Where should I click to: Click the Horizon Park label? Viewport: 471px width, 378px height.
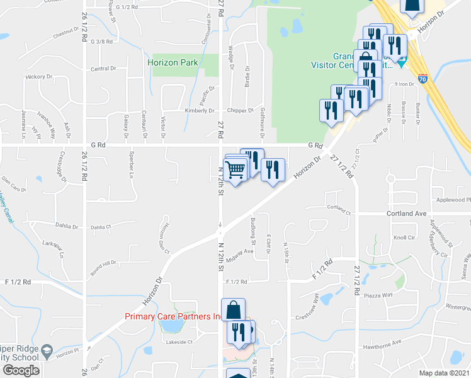[x=173, y=62]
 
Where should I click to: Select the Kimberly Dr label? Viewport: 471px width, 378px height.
[x=200, y=111]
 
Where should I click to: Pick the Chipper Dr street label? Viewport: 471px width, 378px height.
[x=241, y=111]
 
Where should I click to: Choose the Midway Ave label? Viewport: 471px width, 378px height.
[x=240, y=251]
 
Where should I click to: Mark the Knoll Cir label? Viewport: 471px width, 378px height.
[x=404, y=238]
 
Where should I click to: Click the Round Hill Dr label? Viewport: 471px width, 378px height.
[x=103, y=263]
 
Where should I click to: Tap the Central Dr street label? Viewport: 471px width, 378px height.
[x=103, y=68]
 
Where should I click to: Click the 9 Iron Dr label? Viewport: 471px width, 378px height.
[x=404, y=83]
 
